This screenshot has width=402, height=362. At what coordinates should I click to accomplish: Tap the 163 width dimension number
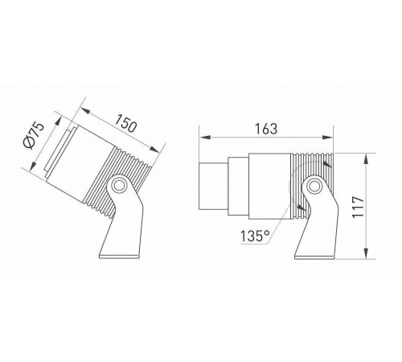click(265, 129)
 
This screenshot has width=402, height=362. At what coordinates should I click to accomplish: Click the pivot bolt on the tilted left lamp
click(117, 186)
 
